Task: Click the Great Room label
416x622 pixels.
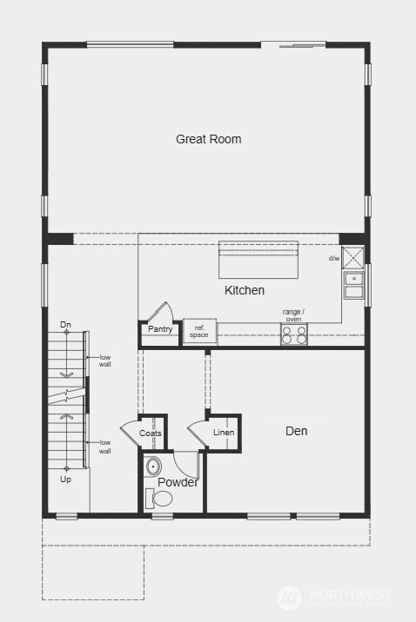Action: pos(209,139)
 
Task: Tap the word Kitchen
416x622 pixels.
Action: pos(245,290)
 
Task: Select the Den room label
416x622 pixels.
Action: pos(296,431)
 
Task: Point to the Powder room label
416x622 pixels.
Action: pos(178,482)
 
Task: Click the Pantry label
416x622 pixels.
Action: pos(160,329)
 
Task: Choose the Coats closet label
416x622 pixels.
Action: pos(151,433)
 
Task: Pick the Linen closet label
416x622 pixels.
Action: pos(224,433)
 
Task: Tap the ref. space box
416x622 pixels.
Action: pos(200,331)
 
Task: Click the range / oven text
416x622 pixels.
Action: pos(293,314)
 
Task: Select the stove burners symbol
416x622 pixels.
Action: pos(294,334)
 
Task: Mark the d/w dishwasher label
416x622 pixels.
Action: pos(334,258)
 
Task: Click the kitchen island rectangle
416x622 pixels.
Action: pos(258,259)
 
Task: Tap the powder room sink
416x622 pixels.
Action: pos(154,466)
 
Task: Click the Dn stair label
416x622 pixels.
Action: pos(65,325)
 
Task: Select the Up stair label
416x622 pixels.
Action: pos(65,479)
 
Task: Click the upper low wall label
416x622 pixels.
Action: pos(104,361)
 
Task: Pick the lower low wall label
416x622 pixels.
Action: pos(104,447)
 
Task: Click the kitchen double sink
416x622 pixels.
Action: pos(353,285)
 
